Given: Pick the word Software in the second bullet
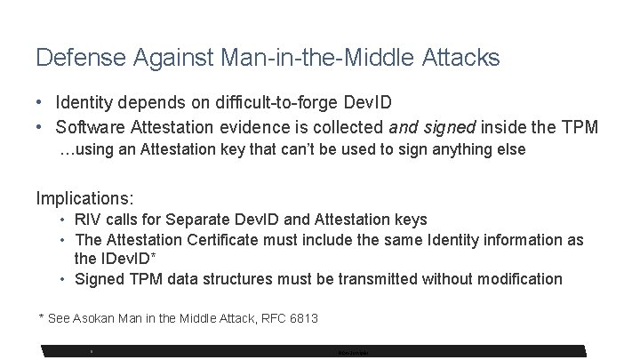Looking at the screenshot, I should tap(89, 127).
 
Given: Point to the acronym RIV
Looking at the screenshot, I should tap(88, 219).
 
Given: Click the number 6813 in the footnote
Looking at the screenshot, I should tap(300, 317).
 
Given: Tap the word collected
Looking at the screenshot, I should tap(339, 127).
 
